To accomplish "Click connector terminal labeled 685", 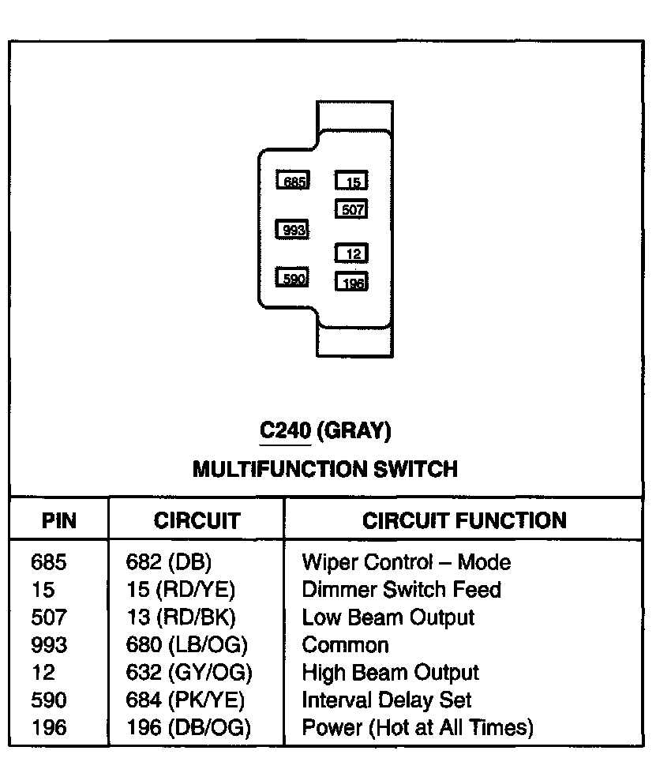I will coord(292,181).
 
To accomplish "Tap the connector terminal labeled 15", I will coord(352,182).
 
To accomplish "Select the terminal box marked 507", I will coord(352,210).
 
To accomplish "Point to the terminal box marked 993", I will coord(292,230).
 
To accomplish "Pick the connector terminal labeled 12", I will coord(352,253).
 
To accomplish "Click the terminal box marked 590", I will coord(292,278).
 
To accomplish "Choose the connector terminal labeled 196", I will coord(352,281).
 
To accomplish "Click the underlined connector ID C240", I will coord(285,431).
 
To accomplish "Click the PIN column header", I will coord(58,521).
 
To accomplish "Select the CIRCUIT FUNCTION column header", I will coord(464,521).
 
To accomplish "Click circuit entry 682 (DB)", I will coord(169,562).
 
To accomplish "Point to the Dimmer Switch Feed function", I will coord(401,590).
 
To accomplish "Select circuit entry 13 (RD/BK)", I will coord(181,617).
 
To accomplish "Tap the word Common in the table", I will coord(345,645).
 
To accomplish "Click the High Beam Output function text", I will coord(390,673).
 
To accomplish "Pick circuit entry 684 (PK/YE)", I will coord(185,700).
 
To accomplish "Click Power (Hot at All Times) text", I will coord(418,727).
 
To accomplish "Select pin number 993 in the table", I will coord(49,645).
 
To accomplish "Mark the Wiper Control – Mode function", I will coord(406,562).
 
